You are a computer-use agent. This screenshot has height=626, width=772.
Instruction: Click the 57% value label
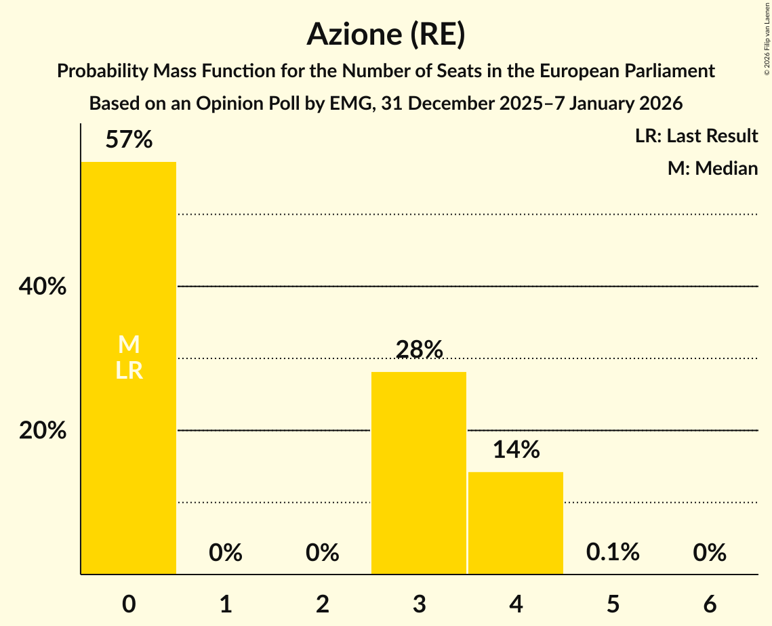pos(129,140)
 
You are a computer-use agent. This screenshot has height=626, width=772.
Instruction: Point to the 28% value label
pos(419,350)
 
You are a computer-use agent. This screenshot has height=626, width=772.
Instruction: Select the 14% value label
pos(516,450)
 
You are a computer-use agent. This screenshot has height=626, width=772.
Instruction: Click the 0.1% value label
pos(613,552)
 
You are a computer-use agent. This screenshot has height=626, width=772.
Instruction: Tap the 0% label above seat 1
pos(226,553)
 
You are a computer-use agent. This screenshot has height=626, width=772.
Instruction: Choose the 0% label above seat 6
pos(710,553)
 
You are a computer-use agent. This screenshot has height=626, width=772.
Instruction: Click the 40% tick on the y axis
pos(43,287)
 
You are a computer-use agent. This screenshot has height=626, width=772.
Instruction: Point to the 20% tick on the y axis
pos(43,430)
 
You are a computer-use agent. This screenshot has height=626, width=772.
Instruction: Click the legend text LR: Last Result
pos(696,136)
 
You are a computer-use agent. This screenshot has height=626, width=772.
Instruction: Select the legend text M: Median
pos(712,168)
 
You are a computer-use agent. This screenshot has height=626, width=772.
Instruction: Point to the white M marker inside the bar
pos(129,345)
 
